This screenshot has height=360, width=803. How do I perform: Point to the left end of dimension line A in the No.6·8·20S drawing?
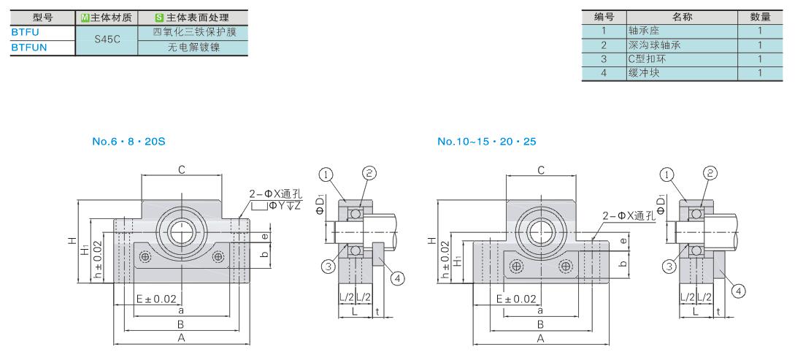pyautogui.click(x=112, y=344)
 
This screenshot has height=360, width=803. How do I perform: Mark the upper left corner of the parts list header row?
pyautogui.click(x=582, y=10)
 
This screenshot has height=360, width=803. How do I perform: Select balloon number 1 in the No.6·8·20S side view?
pyautogui.click(x=326, y=175)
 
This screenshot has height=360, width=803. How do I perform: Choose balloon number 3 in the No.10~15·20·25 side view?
pyautogui.click(x=667, y=264)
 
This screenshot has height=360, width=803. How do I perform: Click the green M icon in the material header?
pyautogui.click(x=85, y=18)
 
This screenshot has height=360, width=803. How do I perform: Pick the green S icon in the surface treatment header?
pyautogui.click(x=159, y=18)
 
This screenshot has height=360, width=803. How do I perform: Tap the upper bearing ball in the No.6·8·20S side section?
pyautogui.click(x=353, y=213)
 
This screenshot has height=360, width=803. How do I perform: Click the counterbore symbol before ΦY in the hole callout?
pyautogui.click(x=258, y=206)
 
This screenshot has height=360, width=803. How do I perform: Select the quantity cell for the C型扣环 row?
pyautogui.click(x=760, y=59)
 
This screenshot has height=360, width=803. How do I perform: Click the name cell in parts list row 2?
pyautogui.click(x=682, y=45)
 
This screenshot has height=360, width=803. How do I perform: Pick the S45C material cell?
pyautogui.click(x=107, y=40)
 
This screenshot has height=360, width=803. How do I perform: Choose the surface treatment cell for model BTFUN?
pyautogui.click(x=193, y=47)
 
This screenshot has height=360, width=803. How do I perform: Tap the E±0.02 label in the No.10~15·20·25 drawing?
pyautogui.click(x=516, y=299)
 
